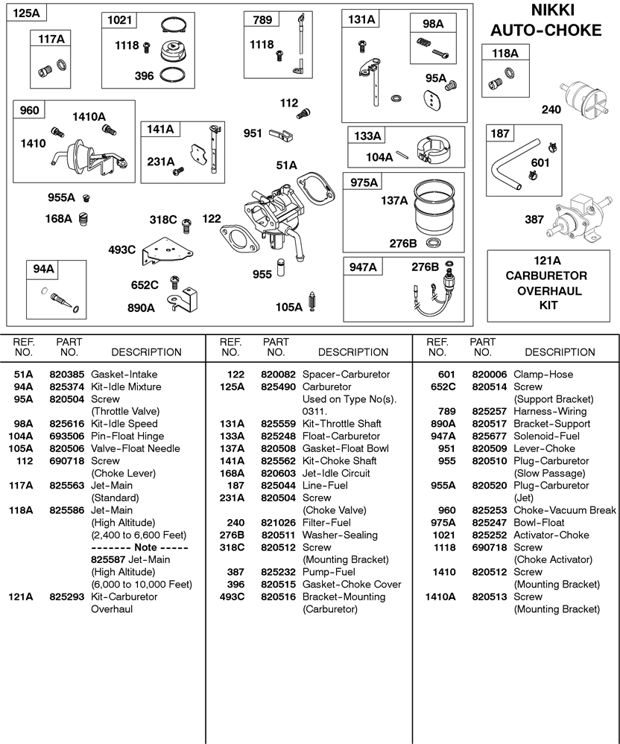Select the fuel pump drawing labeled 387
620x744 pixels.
click(x=579, y=217)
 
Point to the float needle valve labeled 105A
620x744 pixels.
click(x=312, y=302)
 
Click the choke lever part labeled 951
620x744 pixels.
click(x=281, y=136)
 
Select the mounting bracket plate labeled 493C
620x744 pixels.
click(x=167, y=252)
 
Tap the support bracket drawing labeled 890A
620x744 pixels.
click(x=183, y=299)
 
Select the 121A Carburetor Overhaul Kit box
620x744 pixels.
click(x=548, y=286)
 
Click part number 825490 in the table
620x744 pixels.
click(x=278, y=387)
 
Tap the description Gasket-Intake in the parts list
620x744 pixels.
click(x=124, y=375)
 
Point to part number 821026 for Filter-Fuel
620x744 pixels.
click(x=278, y=522)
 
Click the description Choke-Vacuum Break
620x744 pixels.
click(x=565, y=510)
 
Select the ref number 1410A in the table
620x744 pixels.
click(x=440, y=597)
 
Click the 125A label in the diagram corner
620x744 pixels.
click(x=26, y=13)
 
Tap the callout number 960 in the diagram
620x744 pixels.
click(x=29, y=110)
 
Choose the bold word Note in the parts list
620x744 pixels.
click(x=145, y=547)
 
